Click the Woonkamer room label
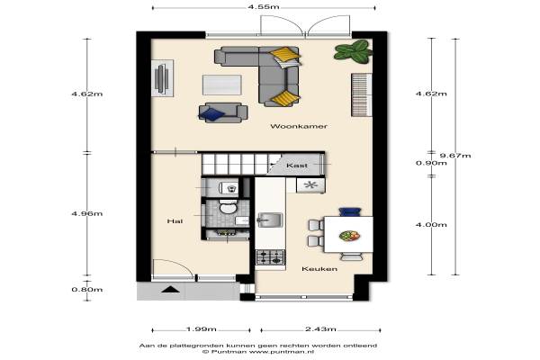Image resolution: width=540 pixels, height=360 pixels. (x=299, y=126)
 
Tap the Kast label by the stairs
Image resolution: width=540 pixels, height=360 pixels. (x=297, y=166)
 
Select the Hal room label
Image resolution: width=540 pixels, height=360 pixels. (x=175, y=221)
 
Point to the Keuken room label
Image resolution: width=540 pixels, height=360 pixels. (x=319, y=269)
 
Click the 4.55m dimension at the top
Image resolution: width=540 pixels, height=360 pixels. (x=264, y=7)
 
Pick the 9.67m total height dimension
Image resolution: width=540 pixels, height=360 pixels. (x=455, y=156)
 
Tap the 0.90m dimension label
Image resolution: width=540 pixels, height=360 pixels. (x=431, y=163)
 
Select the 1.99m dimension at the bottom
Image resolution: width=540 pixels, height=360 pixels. (x=201, y=329)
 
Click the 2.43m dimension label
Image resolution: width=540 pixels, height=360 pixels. (x=320, y=329)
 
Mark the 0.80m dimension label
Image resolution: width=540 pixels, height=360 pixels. (x=86, y=290)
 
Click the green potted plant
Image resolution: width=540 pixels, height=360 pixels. (x=354, y=51)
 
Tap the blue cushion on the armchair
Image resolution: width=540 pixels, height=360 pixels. (x=211, y=114)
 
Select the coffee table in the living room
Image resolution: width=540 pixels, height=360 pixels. (x=221, y=85)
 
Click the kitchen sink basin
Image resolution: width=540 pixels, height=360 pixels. (x=270, y=220)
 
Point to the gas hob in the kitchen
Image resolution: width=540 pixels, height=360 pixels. (x=270, y=257)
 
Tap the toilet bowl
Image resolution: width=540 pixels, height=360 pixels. (x=228, y=207)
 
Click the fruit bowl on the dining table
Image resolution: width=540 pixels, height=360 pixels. (x=349, y=236)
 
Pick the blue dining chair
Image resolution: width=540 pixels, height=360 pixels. (x=350, y=211)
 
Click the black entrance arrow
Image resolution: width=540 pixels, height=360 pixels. (x=170, y=290)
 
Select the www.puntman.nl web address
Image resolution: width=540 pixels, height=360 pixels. (x=281, y=352)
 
